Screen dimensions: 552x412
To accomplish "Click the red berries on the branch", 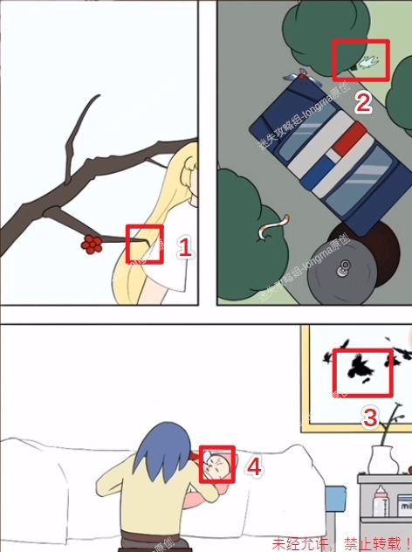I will pyautogui.click(x=91, y=245).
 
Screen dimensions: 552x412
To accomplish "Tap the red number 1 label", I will pyautogui.click(x=184, y=247).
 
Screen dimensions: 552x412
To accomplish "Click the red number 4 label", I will pyautogui.click(x=253, y=467).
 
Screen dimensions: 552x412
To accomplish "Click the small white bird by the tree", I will pyautogui.click(x=368, y=61).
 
